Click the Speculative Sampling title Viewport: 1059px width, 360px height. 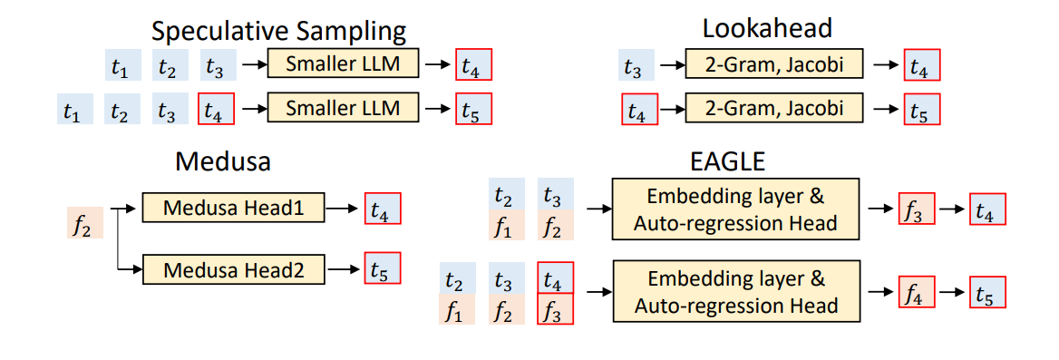(278, 30)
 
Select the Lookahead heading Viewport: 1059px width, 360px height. (768, 28)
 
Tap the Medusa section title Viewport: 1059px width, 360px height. (223, 162)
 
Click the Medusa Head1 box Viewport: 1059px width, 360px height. (234, 209)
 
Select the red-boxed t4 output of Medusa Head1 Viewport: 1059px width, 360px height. (382, 209)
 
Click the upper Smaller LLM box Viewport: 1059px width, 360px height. (342, 64)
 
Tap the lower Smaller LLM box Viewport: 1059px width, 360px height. (342, 108)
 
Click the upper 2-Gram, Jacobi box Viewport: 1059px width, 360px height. (775, 65)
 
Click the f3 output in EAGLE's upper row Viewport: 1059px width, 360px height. (916, 209)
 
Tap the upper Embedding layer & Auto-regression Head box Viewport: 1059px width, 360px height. (736, 209)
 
